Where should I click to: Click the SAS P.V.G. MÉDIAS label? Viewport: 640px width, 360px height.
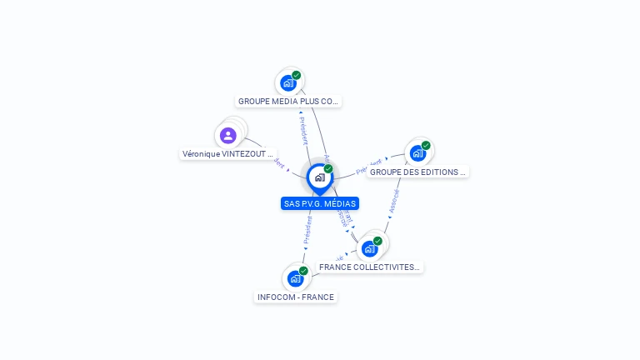(x=320, y=203)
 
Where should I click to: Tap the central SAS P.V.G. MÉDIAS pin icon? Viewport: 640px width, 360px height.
(x=319, y=177)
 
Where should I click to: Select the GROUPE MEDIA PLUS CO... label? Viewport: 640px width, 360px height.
(x=288, y=102)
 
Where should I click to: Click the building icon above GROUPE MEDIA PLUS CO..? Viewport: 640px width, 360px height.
(x=287, y=83)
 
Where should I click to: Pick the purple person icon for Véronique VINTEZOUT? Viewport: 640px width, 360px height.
(x=227, y=136)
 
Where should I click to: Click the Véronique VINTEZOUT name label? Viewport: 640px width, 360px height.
(x=227, y=154)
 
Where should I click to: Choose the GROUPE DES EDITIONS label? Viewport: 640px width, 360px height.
(x=417, y=172)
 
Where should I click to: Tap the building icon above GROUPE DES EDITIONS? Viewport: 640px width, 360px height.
(x=417, y=153)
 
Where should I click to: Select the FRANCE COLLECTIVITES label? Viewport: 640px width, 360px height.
(x=370, y=267)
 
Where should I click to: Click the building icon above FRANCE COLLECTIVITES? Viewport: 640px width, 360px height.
(x=369, y=248)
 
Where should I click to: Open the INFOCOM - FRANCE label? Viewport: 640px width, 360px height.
(x=296, y=297)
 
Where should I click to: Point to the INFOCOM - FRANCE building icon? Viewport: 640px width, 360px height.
(x=295, y=278)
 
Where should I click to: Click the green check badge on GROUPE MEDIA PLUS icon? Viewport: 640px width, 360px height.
(x=297, y=76)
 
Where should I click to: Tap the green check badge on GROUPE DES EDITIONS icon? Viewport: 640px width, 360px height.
(x=426, y=146)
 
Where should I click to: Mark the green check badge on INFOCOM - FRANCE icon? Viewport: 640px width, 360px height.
(x=303, y=271)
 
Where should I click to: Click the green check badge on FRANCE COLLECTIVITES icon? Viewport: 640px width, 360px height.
(x=377, y=241)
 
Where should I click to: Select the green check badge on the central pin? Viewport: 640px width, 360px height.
(x=328, y=169)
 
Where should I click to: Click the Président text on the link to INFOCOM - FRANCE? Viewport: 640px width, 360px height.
(x=307, y=229)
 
